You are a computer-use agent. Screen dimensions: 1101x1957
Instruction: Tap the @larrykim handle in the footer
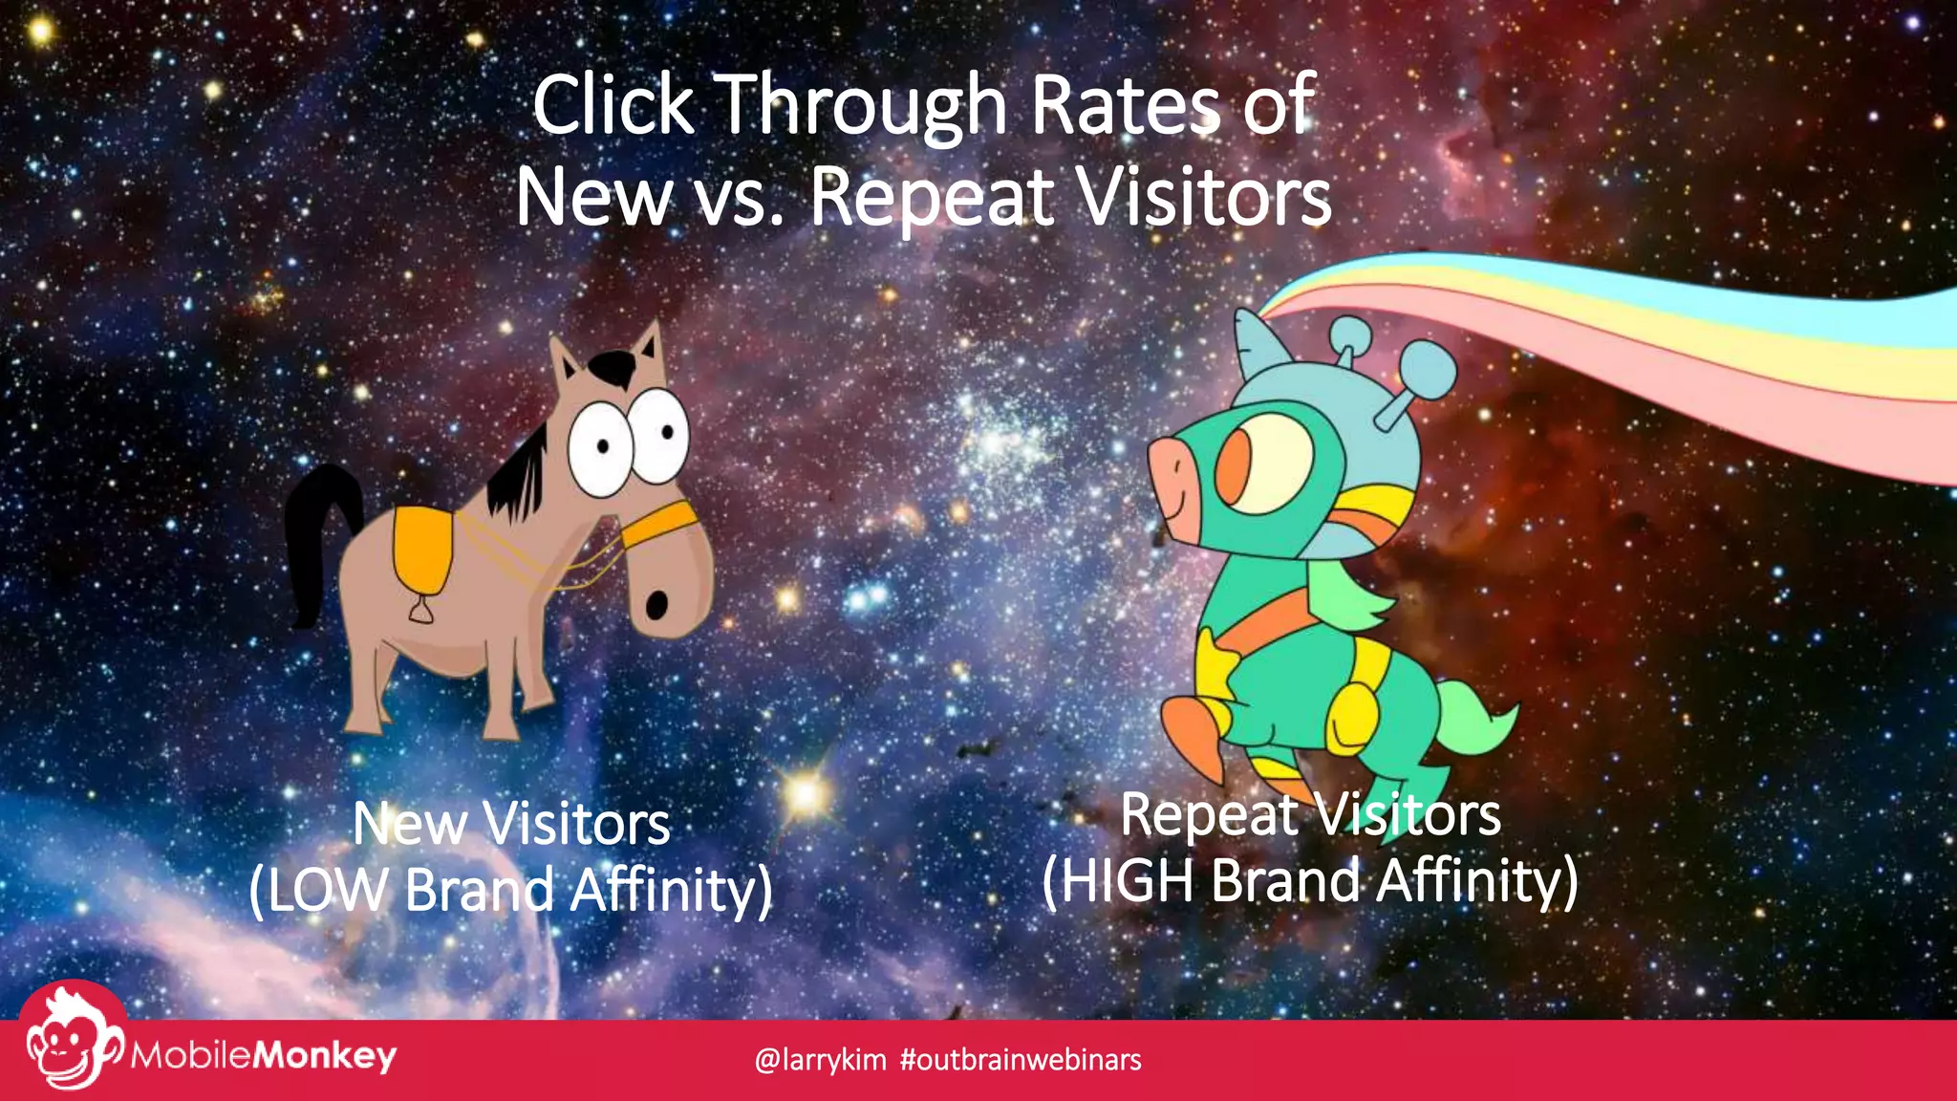(x=820, y=1060)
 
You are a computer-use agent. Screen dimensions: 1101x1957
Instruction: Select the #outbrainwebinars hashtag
(x=1021, y=1060)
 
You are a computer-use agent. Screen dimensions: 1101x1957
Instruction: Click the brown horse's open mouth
(x=656, y=605)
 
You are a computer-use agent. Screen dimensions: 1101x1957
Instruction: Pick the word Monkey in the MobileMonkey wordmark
(x=325, y=1056)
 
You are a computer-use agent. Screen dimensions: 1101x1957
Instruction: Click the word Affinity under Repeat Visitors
(x=1476, y=880)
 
